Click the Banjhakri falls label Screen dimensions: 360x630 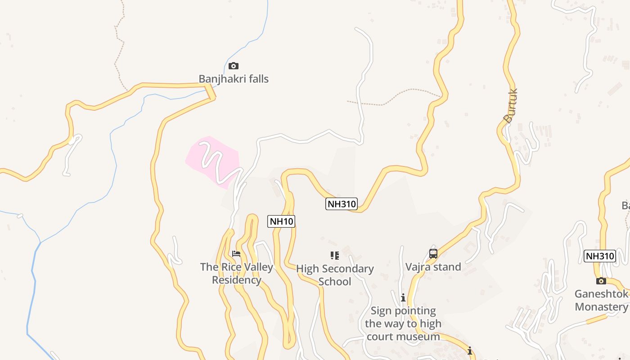pos(234,79)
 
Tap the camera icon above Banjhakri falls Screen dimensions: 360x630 pos(233,66)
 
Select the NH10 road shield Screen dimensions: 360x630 pos(281,221)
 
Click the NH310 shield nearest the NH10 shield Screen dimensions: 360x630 pos(342,204)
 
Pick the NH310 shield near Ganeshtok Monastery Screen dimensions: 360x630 pos(599,256)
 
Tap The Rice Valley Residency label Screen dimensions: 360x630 pos(237,273)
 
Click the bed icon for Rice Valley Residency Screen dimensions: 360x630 pos(236,254)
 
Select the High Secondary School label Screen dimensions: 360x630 pos(335,275)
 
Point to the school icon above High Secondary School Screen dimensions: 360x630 pos(335,256)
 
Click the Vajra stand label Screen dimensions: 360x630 pos(433,267)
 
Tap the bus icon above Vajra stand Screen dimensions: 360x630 pos(433,254)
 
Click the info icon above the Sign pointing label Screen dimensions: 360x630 pos(403,297)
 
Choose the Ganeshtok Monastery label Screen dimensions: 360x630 pos(601,301)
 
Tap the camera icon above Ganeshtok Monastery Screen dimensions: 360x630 pos(601,281)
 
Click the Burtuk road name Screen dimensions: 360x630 pos(511,106)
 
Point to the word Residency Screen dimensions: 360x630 pos(237,280)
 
